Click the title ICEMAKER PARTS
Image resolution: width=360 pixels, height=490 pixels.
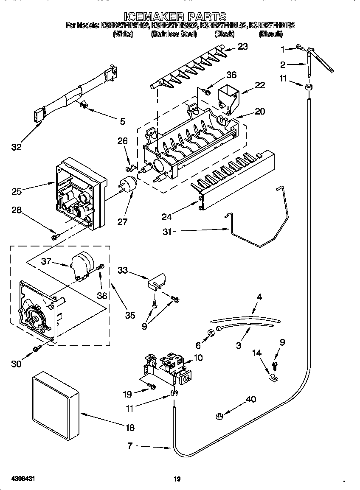pos(180,17)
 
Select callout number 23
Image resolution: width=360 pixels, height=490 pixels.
pos(242,47)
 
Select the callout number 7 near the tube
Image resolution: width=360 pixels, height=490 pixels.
pos(129,446)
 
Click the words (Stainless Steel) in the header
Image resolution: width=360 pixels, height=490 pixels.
pos(174,34)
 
